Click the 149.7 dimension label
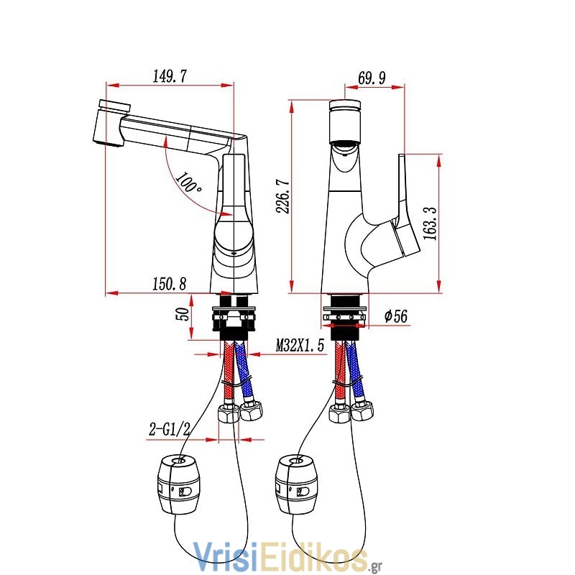tap(170, 76)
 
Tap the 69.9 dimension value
tap(372, 78)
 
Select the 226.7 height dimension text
tap(283, 196)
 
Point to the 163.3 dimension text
tap(430, 223)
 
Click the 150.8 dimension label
tap(170, 283)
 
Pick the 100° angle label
tap(188, 183)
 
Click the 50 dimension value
tap(183, 314)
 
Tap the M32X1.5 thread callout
tap(300, 345)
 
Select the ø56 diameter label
tap(396, 316)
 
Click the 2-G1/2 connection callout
tap(170, 428)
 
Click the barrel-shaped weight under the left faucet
tap(179, 484)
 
